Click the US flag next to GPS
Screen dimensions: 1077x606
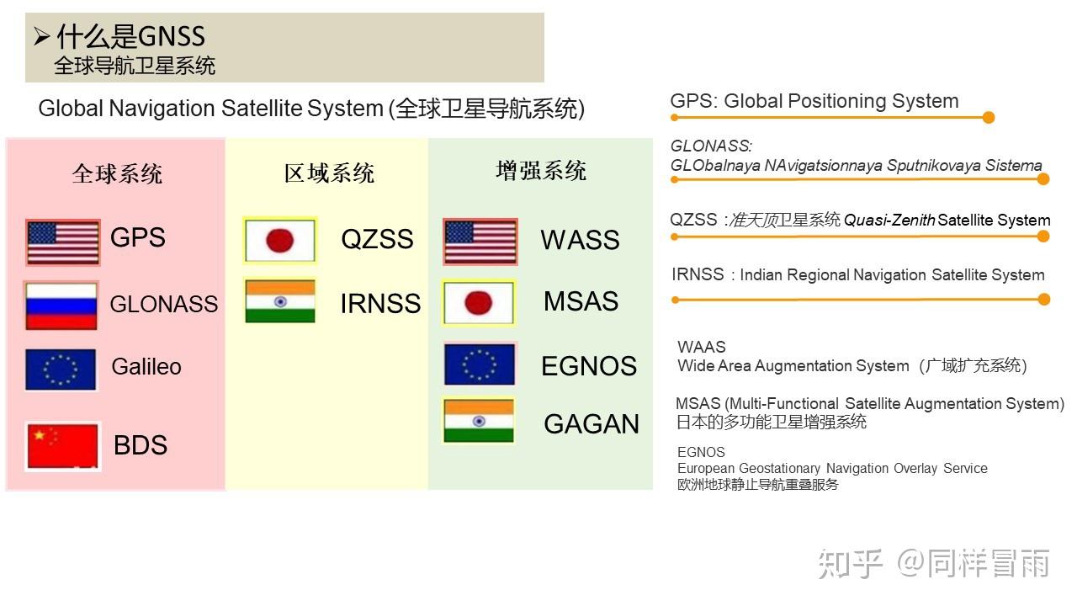tap(63, 242)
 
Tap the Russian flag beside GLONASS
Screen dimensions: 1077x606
tap(61, 306)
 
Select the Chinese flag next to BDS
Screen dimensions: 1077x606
tap(63, 446)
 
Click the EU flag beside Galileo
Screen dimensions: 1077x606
tap(61, 369)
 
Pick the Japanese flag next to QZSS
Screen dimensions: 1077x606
tap(280, 240)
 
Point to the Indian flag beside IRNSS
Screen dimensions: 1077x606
tap(280, 301)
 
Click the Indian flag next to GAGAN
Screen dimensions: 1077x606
tap(479, 420)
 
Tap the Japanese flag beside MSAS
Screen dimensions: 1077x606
tap(479, 303)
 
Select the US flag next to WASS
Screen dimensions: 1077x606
tap(480, 242)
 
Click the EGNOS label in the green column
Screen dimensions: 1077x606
tap(589, 366)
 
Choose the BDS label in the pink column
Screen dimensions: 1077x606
tap(141, 445)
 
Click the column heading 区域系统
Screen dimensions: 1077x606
tap(329, 173)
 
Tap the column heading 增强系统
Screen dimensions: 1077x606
tap(541, 171)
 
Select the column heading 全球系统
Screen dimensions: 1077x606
tap(117, 173)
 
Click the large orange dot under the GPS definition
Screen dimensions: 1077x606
tap(989, 117)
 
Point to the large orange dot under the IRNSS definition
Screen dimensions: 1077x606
tap(1044, 300)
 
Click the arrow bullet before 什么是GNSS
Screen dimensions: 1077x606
tap(42, 36)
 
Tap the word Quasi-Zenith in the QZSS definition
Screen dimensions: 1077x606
tap(889, 221)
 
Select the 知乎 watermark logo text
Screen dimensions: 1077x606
tap(851, 564)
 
